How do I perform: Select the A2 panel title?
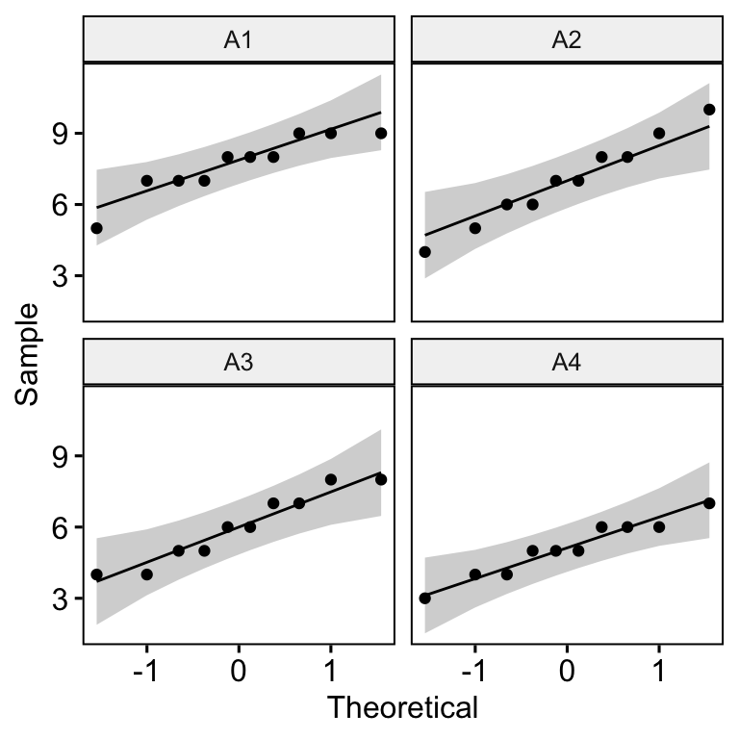point(566,40)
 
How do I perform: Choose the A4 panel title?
point(566,363)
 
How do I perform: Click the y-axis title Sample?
point(29,354)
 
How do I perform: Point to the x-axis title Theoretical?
point(402,708)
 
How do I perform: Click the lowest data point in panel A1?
point(96,228)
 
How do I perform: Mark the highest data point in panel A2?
point(709,110)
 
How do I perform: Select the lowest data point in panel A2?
point(424,252)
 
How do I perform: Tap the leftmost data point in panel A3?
point(96,574)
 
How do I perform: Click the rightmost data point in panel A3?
point(381,479)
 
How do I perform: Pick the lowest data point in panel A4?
point(424,598)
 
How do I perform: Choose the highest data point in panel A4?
point(709,503)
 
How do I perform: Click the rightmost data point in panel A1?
point(381,134)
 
